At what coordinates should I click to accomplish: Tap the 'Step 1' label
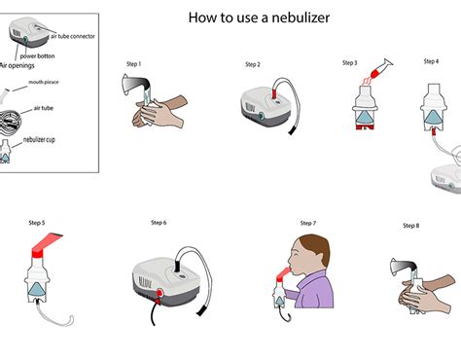[x=134, y=64]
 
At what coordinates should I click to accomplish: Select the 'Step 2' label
[x=252, y=65]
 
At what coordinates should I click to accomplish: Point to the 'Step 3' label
[x=349, y=63]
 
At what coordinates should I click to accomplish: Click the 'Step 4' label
[x=431, y=61]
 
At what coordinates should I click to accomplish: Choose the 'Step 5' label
[x=37, y=223]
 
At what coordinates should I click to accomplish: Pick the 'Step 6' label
[x=159, y=223]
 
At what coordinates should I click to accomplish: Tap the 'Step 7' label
[x=308, y=223]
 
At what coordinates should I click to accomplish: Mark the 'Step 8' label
[x=411, y=226]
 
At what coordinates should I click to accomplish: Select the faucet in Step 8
[x=399, y=265]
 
